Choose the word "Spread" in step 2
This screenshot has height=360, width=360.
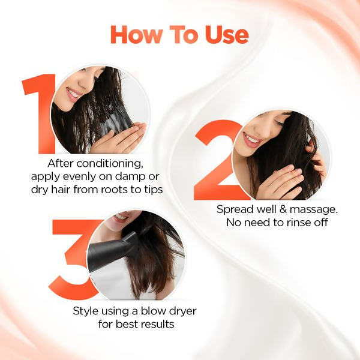(x=234, y=209)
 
